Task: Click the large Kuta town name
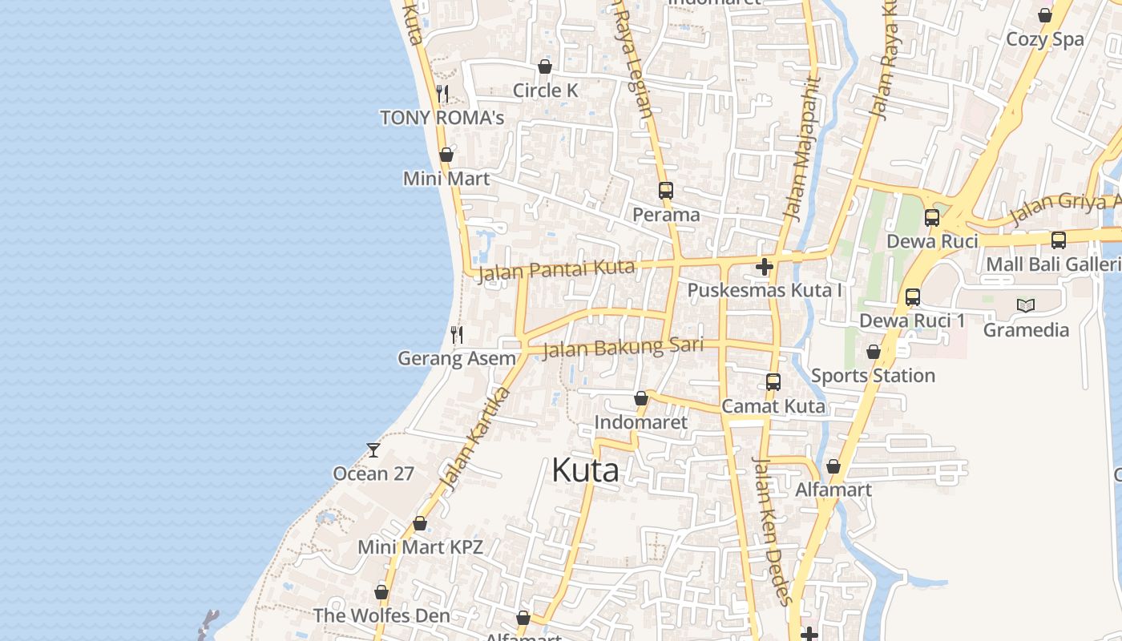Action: [585, 470]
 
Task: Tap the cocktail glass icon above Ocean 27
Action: [373, 450]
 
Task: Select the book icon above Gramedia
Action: [1026, 305]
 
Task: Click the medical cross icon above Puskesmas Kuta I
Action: [764, 266]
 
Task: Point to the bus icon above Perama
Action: [666, 191]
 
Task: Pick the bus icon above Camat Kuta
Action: [773, 382]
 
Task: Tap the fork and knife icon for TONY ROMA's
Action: [442, 94]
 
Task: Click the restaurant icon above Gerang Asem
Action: [457, 334]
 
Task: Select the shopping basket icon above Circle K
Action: [545, 67]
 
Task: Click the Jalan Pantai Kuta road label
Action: [556, 271]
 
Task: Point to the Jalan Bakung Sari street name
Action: [623, 349]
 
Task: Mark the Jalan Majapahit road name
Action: [803, 148]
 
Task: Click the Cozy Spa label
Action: [1044, 39]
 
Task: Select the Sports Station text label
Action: [873, 376]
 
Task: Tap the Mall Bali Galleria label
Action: [1053, 264]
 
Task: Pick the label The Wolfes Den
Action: [381, 616]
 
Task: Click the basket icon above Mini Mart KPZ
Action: [420, 524]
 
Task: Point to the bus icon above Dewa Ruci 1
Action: [912, 297]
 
